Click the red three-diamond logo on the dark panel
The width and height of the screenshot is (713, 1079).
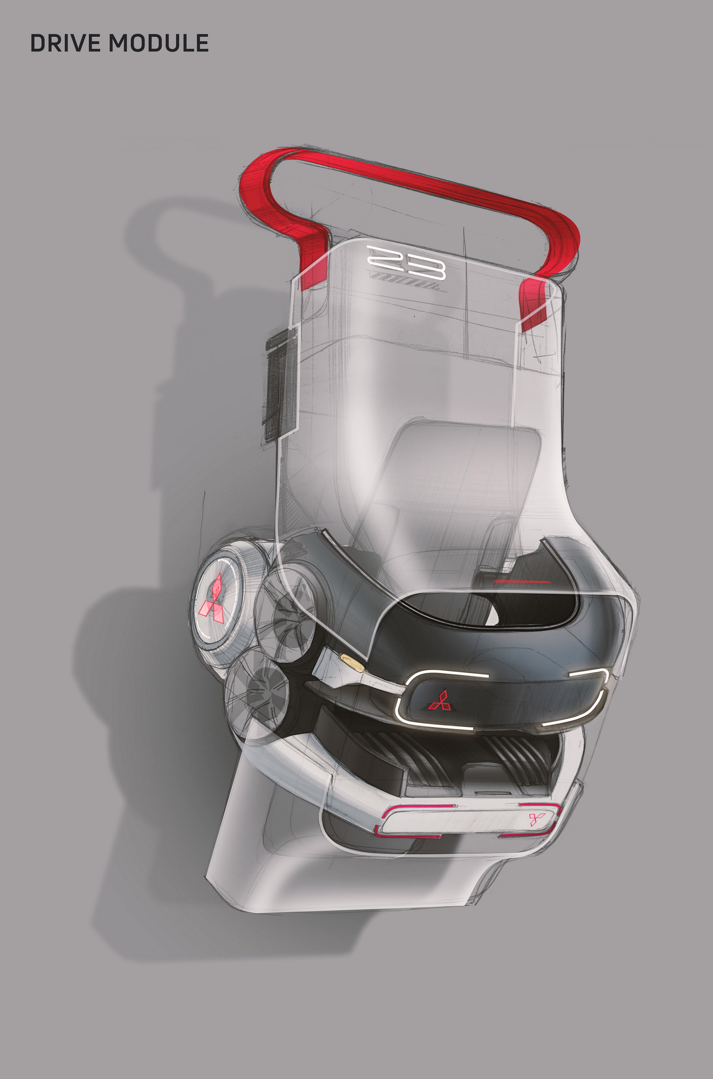point(439,701)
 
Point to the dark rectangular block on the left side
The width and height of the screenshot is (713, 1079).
point(277,387)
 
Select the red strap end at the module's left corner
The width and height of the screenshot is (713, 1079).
point(314,268)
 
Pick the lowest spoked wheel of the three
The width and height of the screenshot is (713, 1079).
point(257,694)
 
